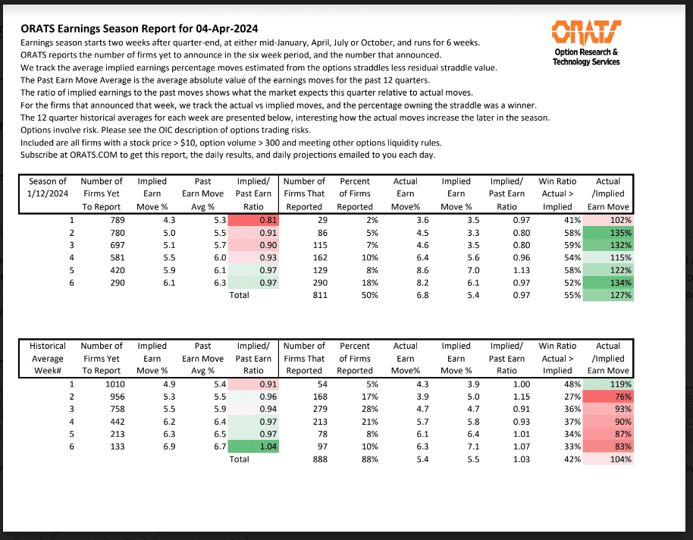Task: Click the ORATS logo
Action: pos(585,33)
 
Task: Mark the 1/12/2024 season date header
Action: pos(48,193)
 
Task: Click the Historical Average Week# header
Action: pos(48,358)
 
